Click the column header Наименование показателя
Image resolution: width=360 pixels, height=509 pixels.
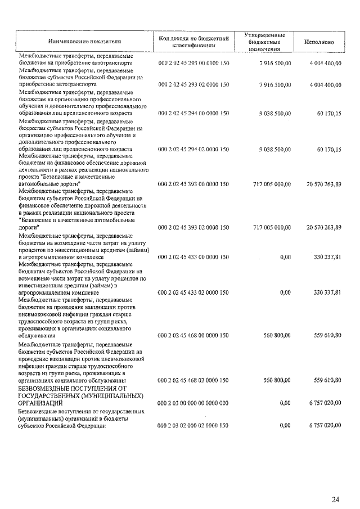84,42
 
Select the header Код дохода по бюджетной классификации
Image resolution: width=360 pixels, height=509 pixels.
193,42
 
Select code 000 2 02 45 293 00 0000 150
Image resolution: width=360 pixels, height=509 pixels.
193,64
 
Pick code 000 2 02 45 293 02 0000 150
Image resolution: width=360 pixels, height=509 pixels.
193,84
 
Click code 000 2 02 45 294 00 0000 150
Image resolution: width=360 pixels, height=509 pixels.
193,113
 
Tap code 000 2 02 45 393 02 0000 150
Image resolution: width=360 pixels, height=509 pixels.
193,227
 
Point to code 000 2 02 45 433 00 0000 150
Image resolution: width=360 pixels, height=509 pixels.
193,257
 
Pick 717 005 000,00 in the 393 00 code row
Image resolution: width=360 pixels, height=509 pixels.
269,184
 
